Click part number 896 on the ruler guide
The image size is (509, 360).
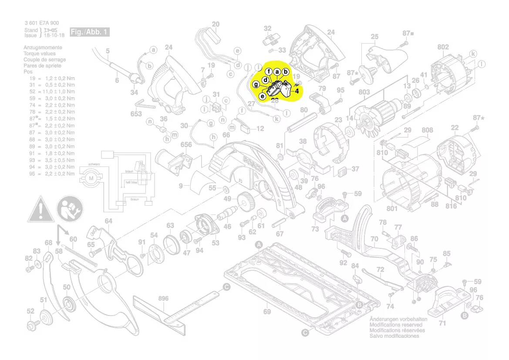click(163, 299)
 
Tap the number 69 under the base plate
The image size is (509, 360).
click(267, 312)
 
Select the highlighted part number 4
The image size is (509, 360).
click(297, 91)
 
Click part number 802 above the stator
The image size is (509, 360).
click(443, 47)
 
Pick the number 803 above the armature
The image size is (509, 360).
click(364, 92)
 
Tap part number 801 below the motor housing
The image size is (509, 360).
click(392, 209)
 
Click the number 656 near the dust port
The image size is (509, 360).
click(186, 145)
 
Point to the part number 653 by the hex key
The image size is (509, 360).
click(136, 114)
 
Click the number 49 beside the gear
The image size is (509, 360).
click(227, 199)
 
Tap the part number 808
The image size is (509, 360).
click(428, 130)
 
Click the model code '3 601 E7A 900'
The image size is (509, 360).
click(42, 23)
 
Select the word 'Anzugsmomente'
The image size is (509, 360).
click(43, 48)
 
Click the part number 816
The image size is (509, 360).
click(452, 206)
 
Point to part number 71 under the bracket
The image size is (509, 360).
click(442, 323)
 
